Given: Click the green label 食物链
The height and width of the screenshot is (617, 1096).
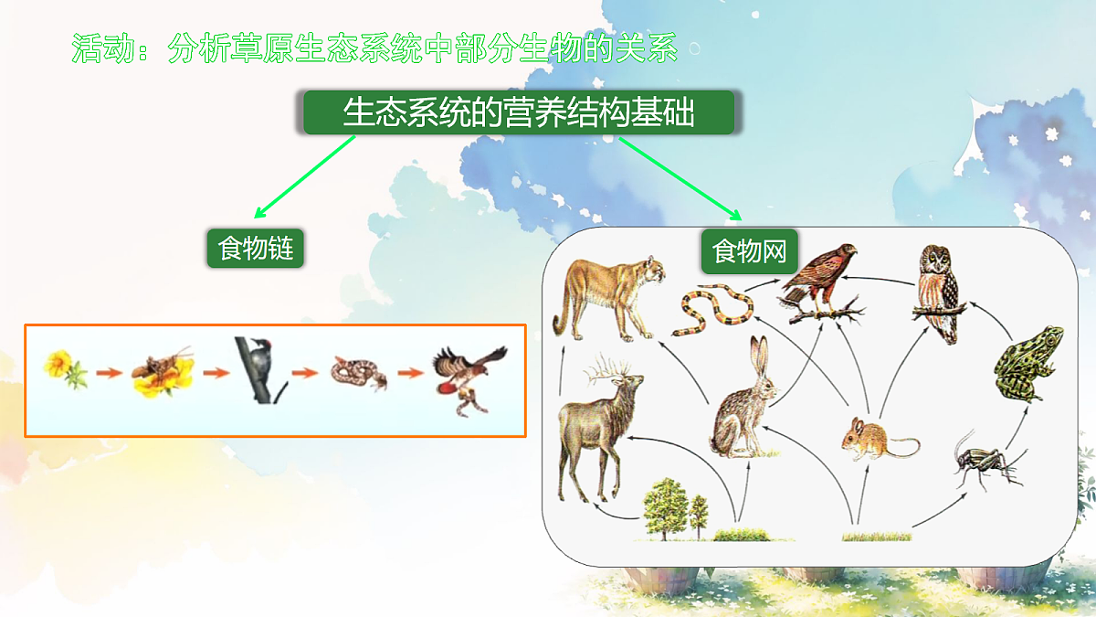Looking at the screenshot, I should pyautogui.click(x=256, y=248).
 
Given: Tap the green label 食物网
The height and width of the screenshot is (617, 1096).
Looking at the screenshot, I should pyautogui.click(x=749, y=251).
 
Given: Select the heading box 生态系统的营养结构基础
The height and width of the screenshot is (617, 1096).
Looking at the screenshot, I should pyautogui.click(x=519, y=113).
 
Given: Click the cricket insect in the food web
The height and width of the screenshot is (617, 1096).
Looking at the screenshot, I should pyautogui.click(x=982, y=462).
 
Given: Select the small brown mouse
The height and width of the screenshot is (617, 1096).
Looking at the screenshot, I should pyautogui.click(x=873, y=438).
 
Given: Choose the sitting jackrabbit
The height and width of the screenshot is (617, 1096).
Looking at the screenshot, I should pyautogui.click(x=744, y=401).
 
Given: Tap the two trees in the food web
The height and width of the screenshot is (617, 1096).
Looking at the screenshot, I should pyautogui.click(x=676, y=508).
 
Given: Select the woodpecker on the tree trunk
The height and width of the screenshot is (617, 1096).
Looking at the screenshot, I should pyautogui.click(x=260, y=369).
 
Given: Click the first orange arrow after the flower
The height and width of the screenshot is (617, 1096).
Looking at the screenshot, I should pyautogui.click(x=109, y=373).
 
